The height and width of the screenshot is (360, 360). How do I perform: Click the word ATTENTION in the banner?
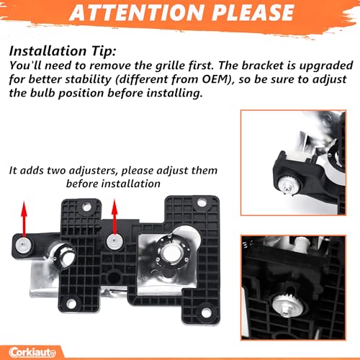[x=137, y=12]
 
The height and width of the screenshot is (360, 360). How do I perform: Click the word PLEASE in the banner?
[x=253, y=12]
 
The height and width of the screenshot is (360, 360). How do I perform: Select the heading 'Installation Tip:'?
[x=63, y=51]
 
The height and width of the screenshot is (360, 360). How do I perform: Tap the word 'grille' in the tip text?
[x=170, y=66]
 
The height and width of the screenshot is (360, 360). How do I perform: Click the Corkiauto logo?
[x=32, y=352]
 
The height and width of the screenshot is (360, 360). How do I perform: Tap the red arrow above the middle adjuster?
[x=114, y=217]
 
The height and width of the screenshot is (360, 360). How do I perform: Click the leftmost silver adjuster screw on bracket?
[x=23, y=245]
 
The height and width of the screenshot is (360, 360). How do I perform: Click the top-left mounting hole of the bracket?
[x=86, y=207]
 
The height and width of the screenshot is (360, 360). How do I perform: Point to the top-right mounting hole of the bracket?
[x=202, y=203]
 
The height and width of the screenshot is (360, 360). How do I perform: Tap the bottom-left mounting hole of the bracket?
[x=71, y=304]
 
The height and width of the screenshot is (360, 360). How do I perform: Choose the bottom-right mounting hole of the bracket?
[x=206, y=312]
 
